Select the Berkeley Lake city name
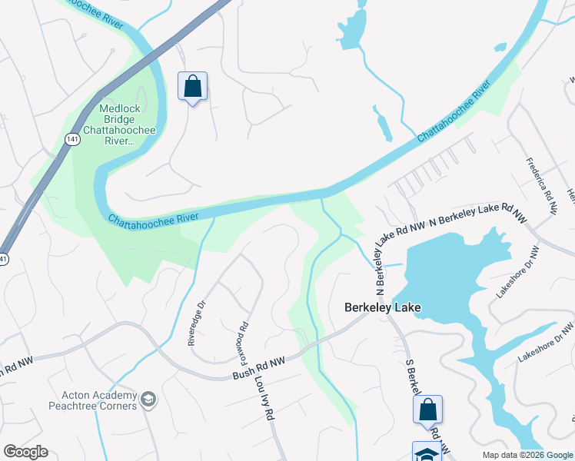pyautogui.click(x=381, y=307)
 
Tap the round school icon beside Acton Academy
pyautogui.click(x=148, y=400)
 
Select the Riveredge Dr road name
pyautogui.click(x=198, y=323)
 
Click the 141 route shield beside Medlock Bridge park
pyautogui.click(x=71, y=139)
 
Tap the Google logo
pyautogui.click(x=25, y=452)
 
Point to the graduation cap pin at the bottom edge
pyautogui.click(x=427, y=452)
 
